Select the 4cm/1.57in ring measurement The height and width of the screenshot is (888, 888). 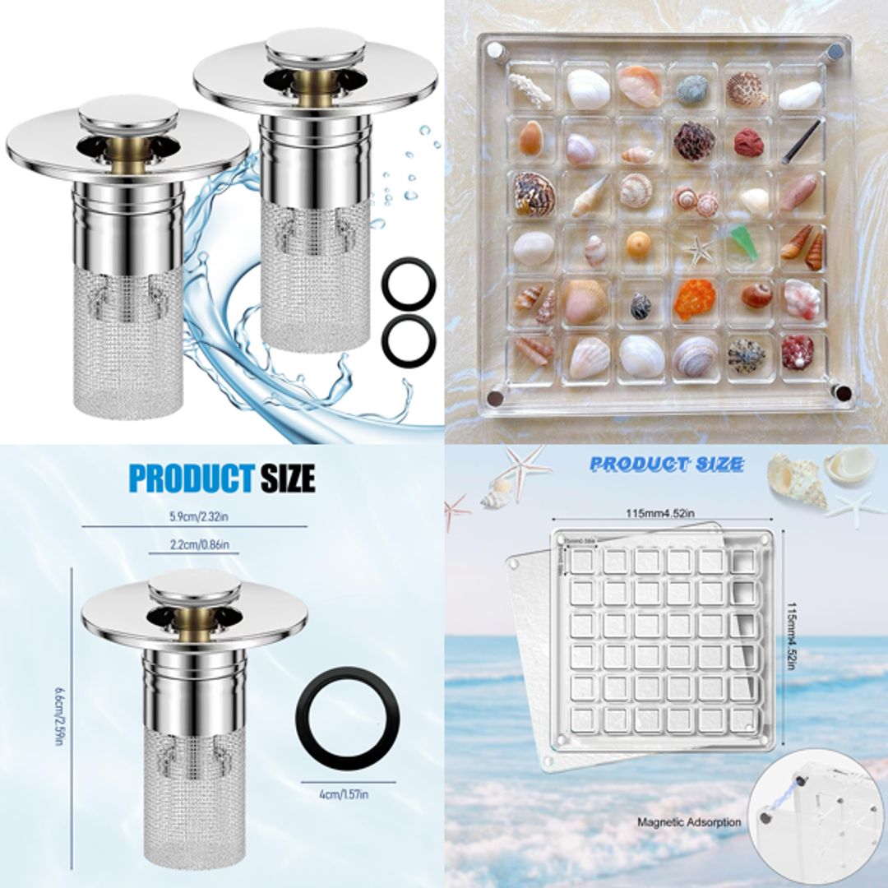(343, 793)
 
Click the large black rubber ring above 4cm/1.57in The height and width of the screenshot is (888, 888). (347, 717)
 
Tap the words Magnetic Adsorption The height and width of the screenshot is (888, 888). (689, 821)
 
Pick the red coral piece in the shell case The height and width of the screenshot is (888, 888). (747, 141)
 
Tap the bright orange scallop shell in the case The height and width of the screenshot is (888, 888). (695, 300)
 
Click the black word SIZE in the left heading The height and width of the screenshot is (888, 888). (287, 478)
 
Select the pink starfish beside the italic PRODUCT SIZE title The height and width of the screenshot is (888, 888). (525, 466)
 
